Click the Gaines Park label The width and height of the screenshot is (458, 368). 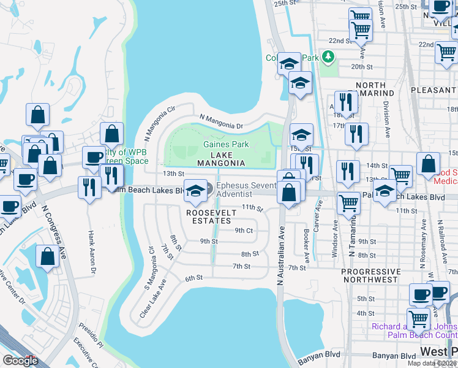[226, 144]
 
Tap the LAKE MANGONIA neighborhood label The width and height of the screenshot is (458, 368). [221, 158]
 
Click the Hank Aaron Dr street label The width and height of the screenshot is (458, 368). [92, 252]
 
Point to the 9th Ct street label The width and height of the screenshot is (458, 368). [244, 231]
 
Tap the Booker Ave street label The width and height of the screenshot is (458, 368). [306, 242]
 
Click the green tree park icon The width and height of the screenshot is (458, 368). [329, 57]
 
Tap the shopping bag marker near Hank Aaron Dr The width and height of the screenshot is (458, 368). [48, 256]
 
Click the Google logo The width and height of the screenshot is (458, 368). [20, 360]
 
